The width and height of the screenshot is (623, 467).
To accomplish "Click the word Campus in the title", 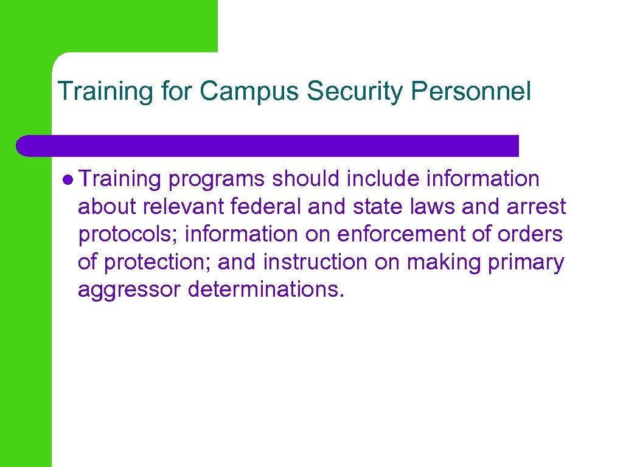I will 250,92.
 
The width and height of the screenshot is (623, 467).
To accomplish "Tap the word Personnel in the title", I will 471,92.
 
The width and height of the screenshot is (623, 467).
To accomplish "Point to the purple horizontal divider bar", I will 268,146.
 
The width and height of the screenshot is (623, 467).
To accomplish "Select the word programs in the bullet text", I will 217,179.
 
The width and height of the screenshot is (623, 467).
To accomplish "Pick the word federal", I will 266,207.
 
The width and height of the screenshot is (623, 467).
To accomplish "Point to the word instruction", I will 315,263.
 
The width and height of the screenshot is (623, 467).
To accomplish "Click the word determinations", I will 266,290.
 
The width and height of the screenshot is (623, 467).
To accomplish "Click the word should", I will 307,179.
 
